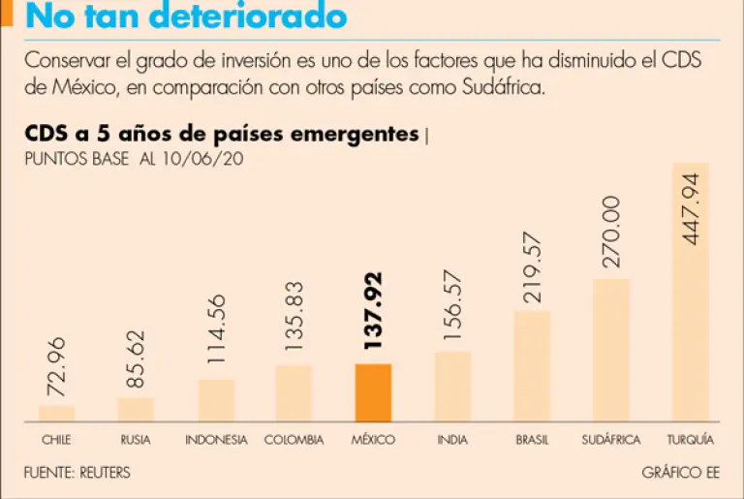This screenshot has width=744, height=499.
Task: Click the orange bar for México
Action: [x=373, y=392]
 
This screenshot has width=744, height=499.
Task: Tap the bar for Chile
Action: [x=56, y=414]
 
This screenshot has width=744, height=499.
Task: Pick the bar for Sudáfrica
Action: [x=611, y=350]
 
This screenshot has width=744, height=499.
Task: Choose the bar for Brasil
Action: [x=532, y=366]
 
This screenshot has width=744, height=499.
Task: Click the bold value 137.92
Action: [x=373, y=310]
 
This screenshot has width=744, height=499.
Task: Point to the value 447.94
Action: [x=691, y=207]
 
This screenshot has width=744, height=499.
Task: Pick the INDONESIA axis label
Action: [x=217, y=440]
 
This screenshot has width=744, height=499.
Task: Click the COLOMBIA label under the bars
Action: [x=294, y=440]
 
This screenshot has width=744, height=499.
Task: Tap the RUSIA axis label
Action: [x=136, y=440]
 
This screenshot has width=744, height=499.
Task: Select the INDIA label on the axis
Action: [x=452, y=440]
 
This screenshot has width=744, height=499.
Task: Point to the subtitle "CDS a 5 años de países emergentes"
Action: [x=222, y=135]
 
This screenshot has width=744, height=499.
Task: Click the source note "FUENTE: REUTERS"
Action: [x=77, y=473]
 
